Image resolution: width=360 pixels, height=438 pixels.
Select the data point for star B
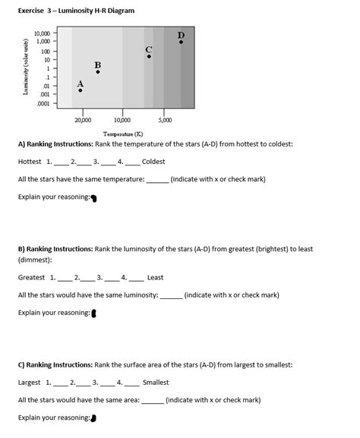pyautogui.click(x=97, y=72)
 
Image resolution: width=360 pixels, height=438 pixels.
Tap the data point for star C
pyautogui.click(x=149, y=56)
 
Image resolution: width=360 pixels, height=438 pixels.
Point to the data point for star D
pyautogui.click(x=181, y=42)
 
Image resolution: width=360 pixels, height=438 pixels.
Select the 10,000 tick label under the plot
pyautogui.click(x=121, y=121)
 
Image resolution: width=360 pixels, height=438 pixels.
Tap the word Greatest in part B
pyautogui.click(x=32, y=277)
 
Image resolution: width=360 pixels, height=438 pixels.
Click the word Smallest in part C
pyautogui.click(x=156, y=383)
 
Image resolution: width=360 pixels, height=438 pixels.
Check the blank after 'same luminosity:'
pyautogui.click(x=171, y=295)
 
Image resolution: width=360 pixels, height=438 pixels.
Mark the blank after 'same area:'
pyautogui.click(x=152, y=400)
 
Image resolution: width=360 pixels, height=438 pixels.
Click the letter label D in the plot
pyautogui.click(x=181, y=34)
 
